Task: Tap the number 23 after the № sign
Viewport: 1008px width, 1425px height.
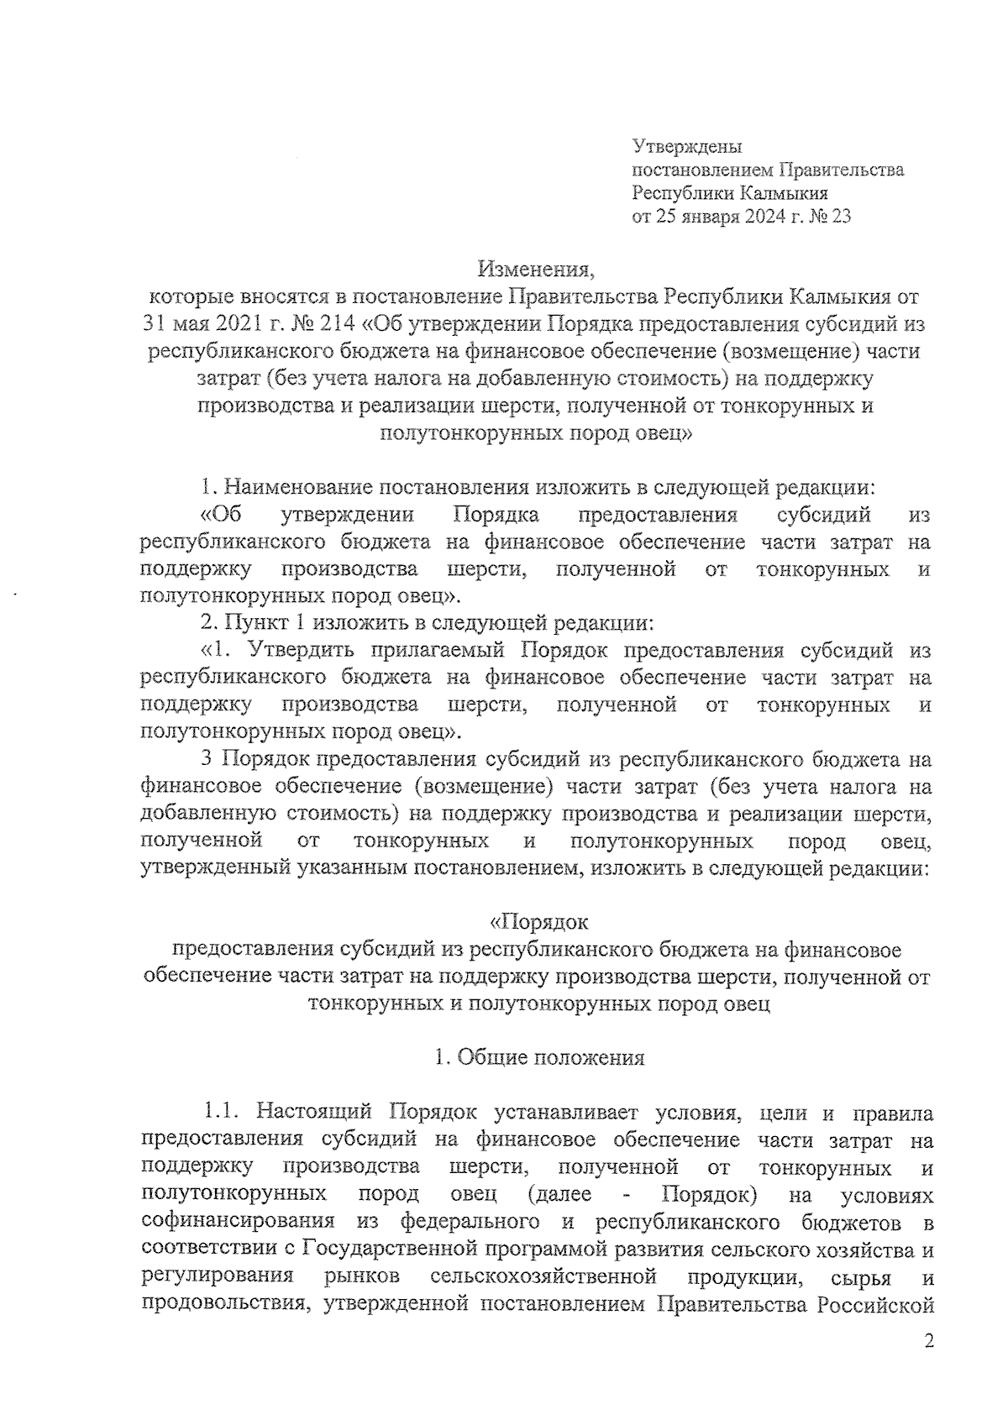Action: point(840,217)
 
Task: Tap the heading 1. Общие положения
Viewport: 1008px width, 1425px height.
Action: point(539,1057)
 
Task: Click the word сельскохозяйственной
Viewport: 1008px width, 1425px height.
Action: point(542,1276)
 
